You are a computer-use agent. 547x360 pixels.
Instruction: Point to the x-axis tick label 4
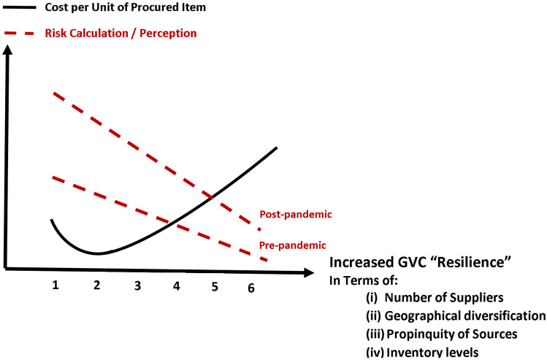point(176,286)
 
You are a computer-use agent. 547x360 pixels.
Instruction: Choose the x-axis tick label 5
point(215,286)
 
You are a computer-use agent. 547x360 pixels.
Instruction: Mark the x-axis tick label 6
point(251,288)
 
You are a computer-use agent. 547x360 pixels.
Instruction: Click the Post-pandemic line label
point(296,215)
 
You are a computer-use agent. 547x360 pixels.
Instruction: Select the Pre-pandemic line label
point(293,245)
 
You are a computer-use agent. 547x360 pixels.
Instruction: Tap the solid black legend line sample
point(20,7)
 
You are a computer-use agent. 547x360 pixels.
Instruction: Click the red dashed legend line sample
point(20,34)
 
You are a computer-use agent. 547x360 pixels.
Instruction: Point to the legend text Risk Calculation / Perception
point(121,34)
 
